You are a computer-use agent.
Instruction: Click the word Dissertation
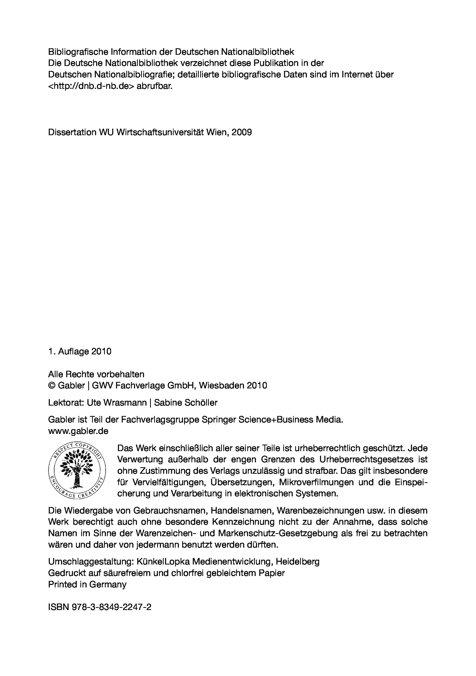72,132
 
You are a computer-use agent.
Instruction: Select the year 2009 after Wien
242,132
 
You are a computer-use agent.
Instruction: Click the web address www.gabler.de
78,431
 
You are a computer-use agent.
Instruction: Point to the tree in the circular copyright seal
77,470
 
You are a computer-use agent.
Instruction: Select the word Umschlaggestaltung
91,562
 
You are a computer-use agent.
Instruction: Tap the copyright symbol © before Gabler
52,385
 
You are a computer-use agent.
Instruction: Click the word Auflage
73,351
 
